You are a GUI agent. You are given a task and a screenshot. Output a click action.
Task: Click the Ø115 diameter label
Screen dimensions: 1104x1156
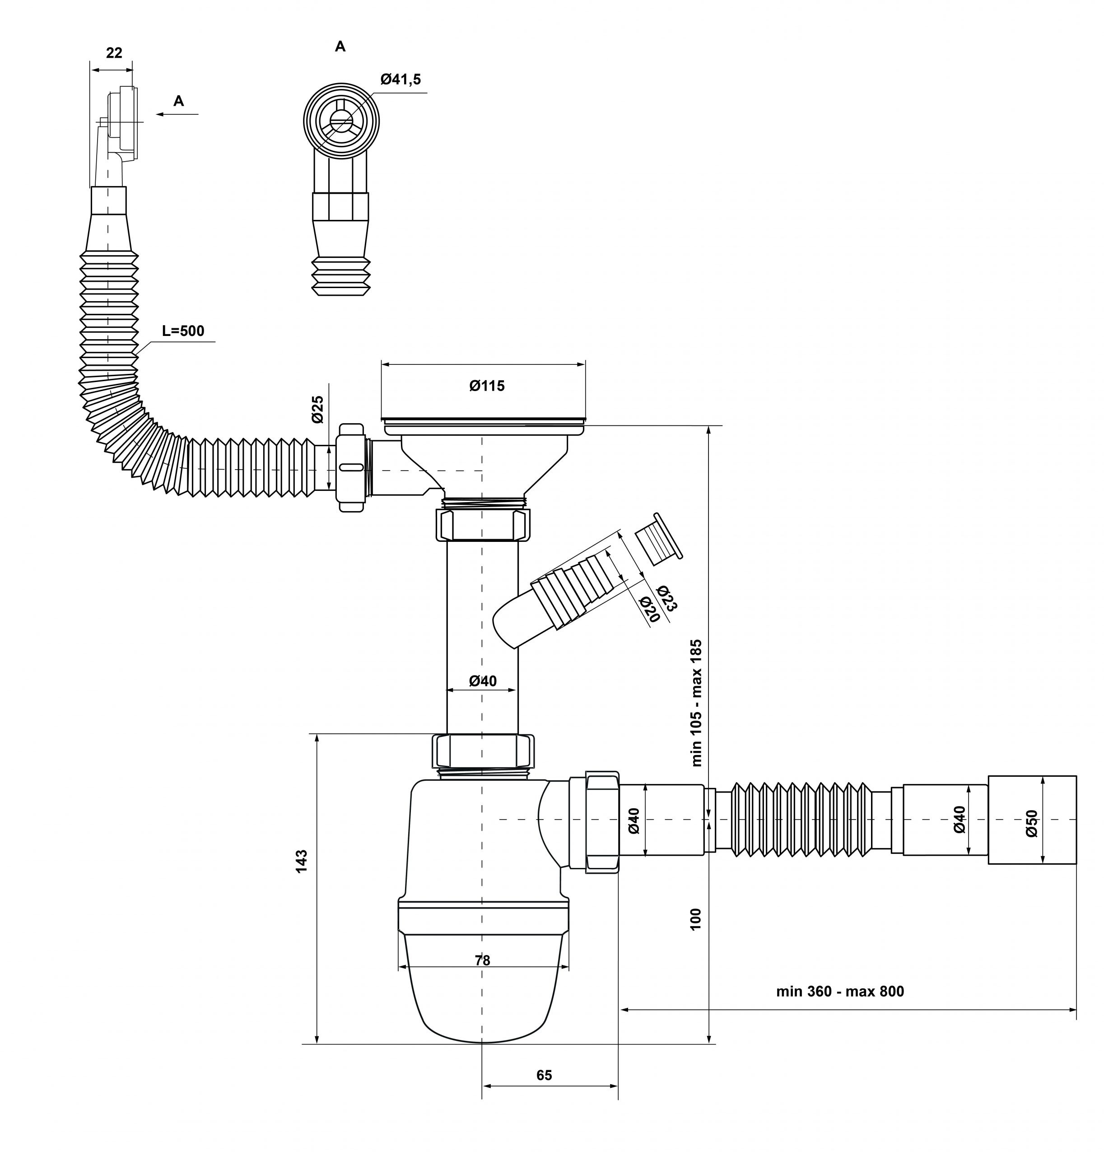click(487, 386)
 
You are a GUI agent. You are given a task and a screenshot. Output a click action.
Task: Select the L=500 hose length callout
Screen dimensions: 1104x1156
click(183, 331)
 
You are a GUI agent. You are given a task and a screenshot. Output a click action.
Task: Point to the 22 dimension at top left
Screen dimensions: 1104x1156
click(114, 53)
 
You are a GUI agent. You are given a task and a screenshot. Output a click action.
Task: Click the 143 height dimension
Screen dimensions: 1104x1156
click(301, 861)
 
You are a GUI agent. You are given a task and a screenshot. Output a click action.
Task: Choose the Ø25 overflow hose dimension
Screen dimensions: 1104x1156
click(317, 409)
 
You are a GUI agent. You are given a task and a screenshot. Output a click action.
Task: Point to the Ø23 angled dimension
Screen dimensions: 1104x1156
click(666, 599)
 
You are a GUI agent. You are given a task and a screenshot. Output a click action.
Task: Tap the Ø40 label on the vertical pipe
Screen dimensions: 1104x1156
click(483, 681)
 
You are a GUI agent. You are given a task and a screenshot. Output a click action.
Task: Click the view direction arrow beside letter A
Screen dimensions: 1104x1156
click(177, 114)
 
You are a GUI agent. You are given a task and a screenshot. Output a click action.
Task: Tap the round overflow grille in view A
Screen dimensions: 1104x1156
click(341, 122)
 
